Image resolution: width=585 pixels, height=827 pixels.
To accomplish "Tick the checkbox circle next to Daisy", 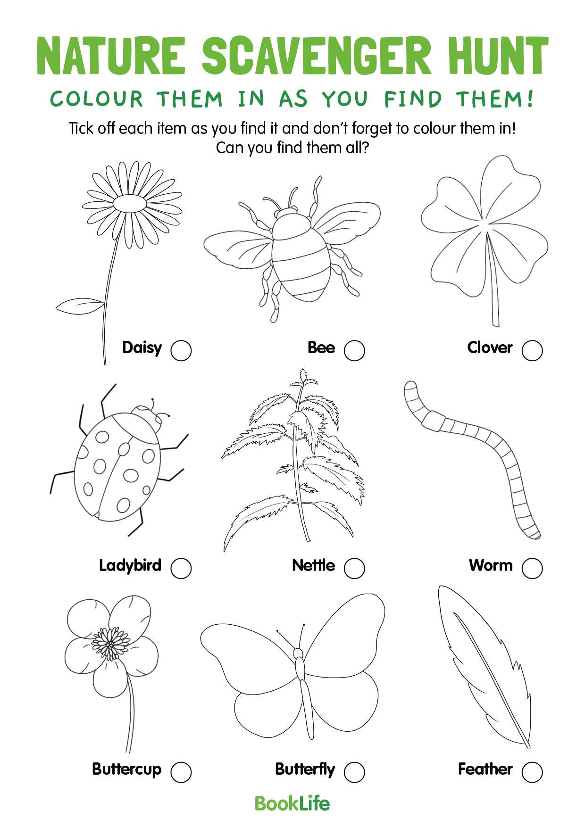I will coord(181,350).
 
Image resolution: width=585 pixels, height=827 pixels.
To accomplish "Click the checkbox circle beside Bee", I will coord(354,350).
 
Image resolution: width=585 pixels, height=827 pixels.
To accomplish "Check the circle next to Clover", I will coord(532,350).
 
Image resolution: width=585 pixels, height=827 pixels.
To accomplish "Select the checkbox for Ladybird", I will coord(181,568).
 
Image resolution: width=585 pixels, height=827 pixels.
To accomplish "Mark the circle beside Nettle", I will coord(354,568).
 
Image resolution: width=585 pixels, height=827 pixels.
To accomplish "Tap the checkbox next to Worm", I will coord(532,568).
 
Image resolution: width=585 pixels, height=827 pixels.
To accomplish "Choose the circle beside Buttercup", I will coord(181,772).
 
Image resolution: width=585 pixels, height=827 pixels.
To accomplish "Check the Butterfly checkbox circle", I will coord(354,772).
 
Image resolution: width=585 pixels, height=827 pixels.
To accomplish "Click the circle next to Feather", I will coord(532,772).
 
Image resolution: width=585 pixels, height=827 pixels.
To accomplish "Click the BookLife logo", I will coord(292,803).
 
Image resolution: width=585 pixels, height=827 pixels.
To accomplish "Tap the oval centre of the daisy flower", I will coord(130,204).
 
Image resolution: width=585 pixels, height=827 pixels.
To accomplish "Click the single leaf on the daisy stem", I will coord(79,306).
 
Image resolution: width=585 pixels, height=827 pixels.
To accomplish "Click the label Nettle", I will coord(313,565).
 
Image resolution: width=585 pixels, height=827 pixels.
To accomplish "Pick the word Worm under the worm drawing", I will coord(491,565).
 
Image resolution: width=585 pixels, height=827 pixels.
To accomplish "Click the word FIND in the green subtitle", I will coord(413,99).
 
